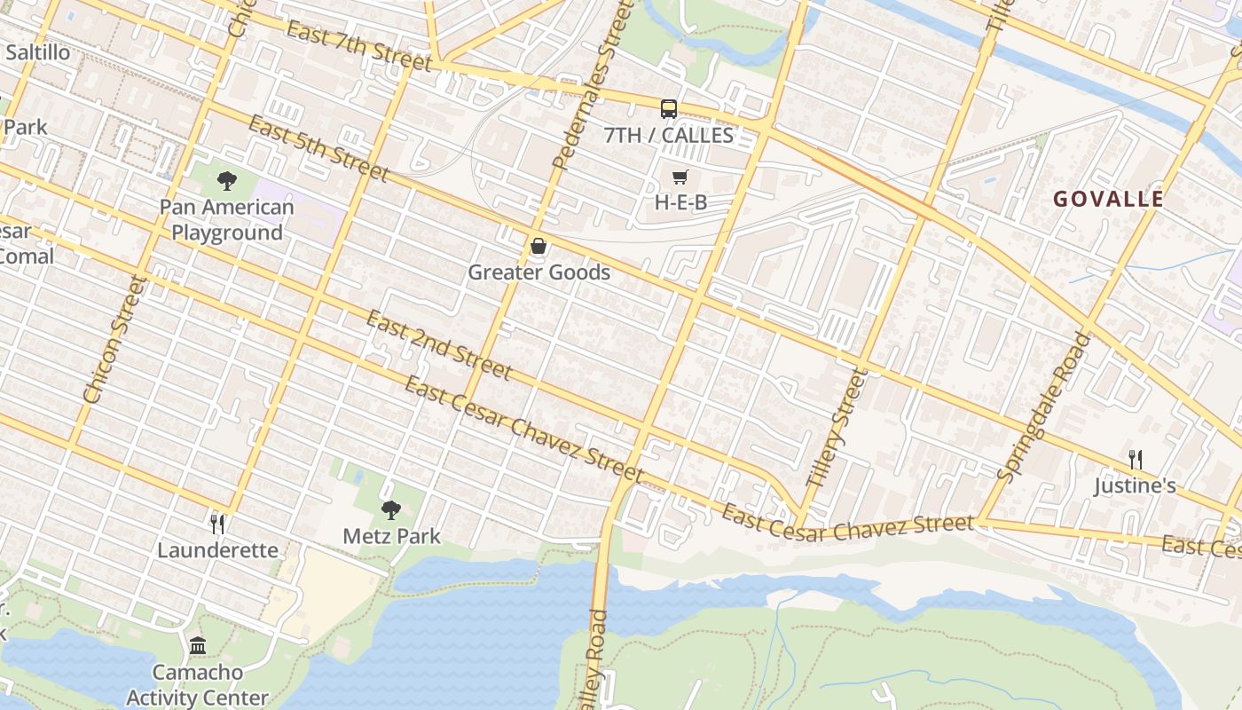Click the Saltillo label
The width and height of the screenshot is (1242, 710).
pos(37,52)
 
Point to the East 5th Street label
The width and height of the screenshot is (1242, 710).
pos(318,147)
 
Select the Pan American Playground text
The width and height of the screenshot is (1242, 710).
pos(227,220)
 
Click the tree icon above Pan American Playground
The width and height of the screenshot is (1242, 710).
pos(227,181)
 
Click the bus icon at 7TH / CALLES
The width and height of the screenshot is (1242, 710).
pos(669,109)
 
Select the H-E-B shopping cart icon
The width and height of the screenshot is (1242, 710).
pos(680,177)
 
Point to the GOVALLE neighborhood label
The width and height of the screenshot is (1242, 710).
pos(1108,199)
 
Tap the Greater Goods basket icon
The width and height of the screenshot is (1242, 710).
pos(538,246)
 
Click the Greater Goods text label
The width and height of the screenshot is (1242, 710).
pos(538,272)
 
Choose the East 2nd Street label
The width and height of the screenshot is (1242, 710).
pos(438,344)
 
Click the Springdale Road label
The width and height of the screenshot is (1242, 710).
pos(1042,406)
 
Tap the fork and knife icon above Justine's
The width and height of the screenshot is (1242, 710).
pos(1135,459)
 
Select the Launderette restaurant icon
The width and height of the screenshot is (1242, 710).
pos(217,525)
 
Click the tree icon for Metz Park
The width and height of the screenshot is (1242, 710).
pos(391,510)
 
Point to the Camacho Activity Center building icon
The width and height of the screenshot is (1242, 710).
pos(197,645)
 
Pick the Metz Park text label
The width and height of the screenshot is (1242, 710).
pos(391,536)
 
